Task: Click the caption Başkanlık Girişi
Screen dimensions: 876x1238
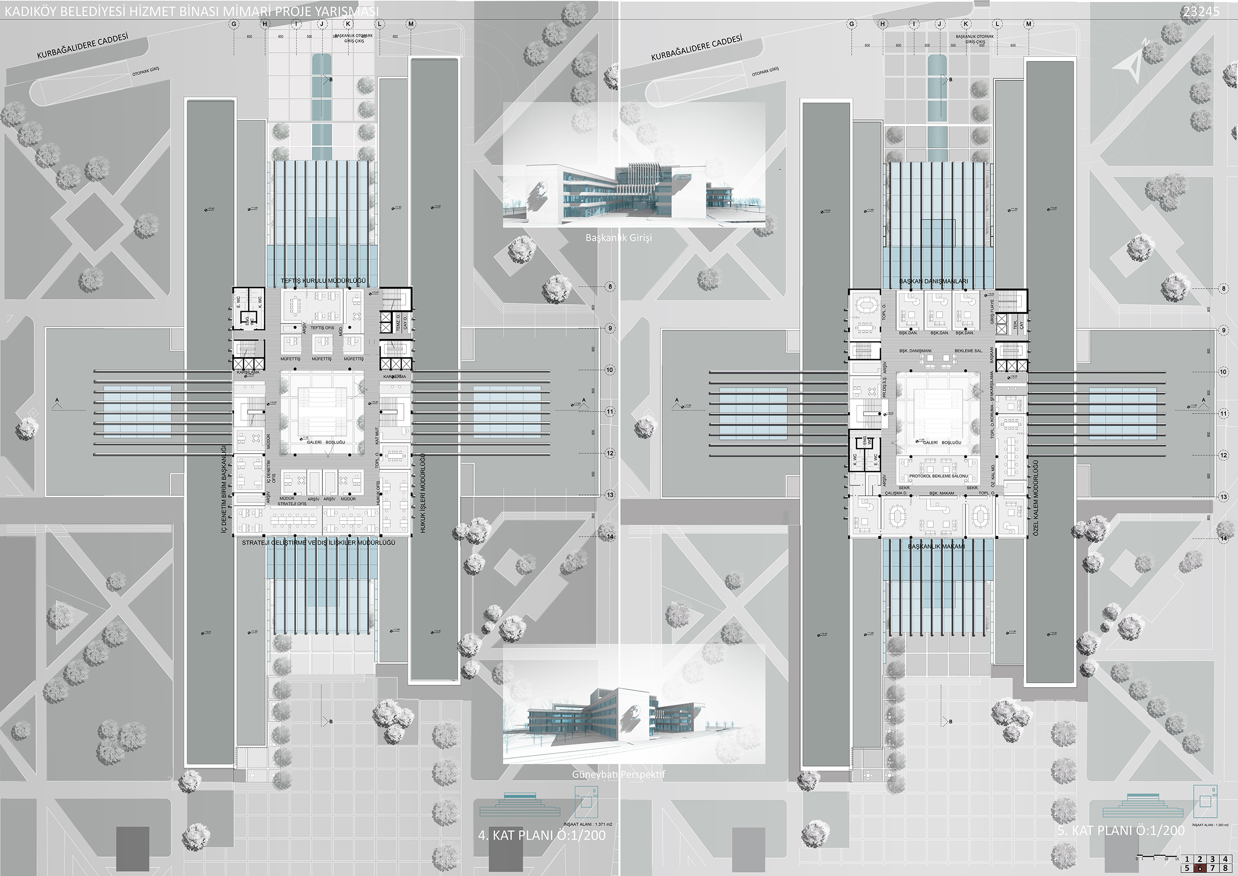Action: coord(619,237)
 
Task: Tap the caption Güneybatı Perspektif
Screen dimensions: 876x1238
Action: coord(619,774)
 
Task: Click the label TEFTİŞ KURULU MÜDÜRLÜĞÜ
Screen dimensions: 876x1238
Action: coord(323,281)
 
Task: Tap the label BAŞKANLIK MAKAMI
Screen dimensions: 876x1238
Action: coord(936,546)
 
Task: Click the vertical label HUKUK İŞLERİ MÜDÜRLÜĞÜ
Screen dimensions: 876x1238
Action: coord(423,493)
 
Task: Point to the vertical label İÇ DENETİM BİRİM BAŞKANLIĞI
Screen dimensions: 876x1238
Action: coord(224,489)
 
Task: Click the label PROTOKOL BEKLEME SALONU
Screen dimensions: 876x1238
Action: coord(938,476)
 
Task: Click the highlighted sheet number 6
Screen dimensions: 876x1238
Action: coord(1200,869)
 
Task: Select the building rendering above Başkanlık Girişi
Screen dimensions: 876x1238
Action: coord(633,164)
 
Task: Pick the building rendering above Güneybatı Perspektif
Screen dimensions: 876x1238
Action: coord(633,704)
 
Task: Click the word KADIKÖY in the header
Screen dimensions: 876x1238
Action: coord(30,11)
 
